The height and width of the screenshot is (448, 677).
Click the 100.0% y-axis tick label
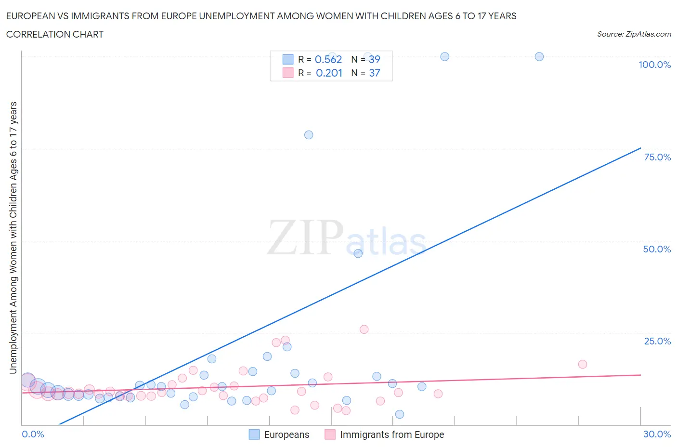(654, 65)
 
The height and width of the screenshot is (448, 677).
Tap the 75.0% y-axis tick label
(657, 157)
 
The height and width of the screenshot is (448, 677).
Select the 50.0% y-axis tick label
(657, 249)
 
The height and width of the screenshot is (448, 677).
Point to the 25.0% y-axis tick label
(657, 341)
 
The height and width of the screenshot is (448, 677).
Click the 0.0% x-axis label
(33, 434)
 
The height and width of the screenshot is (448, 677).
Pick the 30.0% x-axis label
(657, 434)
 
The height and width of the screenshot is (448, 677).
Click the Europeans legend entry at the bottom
(279, 435)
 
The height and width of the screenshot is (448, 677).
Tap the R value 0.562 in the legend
(328, 59)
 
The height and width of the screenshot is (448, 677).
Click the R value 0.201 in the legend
(329, 73)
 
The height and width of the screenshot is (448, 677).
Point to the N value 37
(374, 73)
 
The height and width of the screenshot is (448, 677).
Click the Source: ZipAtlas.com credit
(634, 34)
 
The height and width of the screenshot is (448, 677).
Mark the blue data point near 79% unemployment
(309, 135)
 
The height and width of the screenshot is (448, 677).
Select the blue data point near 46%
(358, 253)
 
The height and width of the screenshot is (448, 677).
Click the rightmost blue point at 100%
(539, 56)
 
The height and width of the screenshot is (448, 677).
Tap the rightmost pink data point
(583, 364)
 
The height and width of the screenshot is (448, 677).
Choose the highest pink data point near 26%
(364, 329)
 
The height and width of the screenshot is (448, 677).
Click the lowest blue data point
(399, 414)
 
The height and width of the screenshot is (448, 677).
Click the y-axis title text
(13, 237)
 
